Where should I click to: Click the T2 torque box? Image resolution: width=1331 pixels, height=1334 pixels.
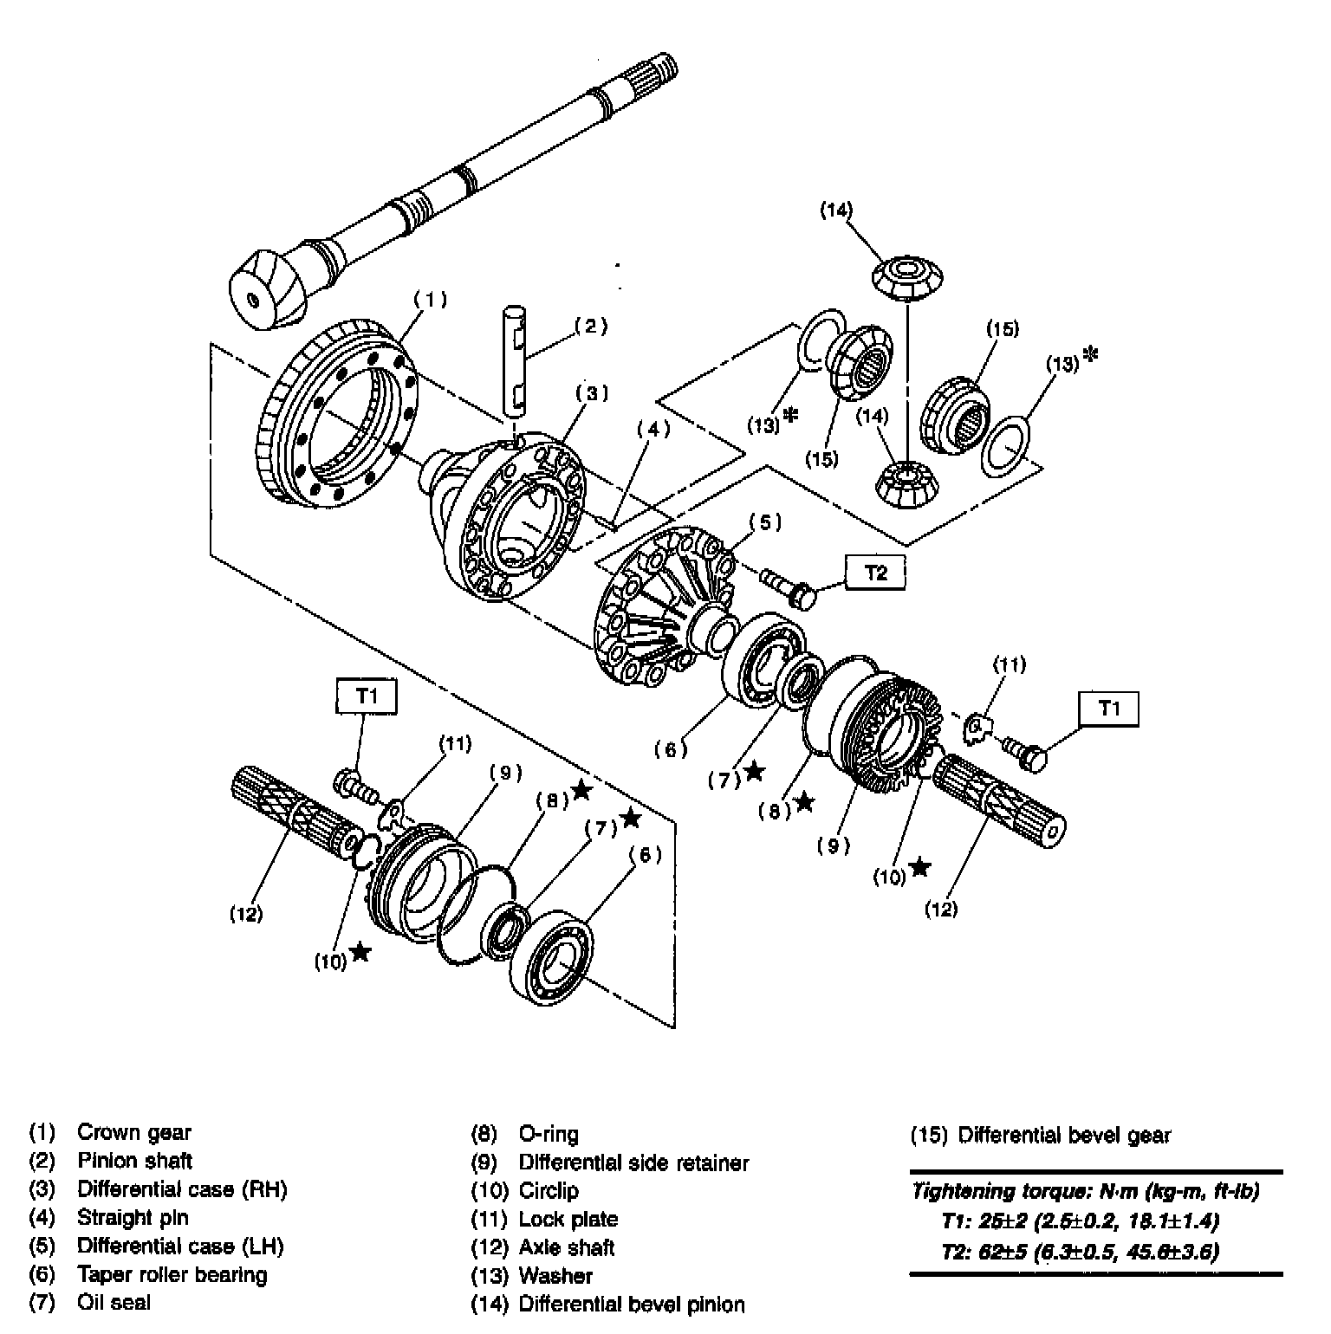pos(876,573)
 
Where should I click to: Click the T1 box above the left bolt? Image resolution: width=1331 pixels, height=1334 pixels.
pos(366,696)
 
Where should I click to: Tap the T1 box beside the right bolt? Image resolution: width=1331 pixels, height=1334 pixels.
pos(1108,709)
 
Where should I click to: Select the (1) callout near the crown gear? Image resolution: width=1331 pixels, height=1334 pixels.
pos(430,300)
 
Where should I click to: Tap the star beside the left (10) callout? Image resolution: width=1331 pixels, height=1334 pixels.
pos(360,953)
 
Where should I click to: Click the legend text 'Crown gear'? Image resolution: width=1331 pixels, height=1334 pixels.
pos(134,1132)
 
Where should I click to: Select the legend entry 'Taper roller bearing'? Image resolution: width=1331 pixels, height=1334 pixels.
pos(172,1274)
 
